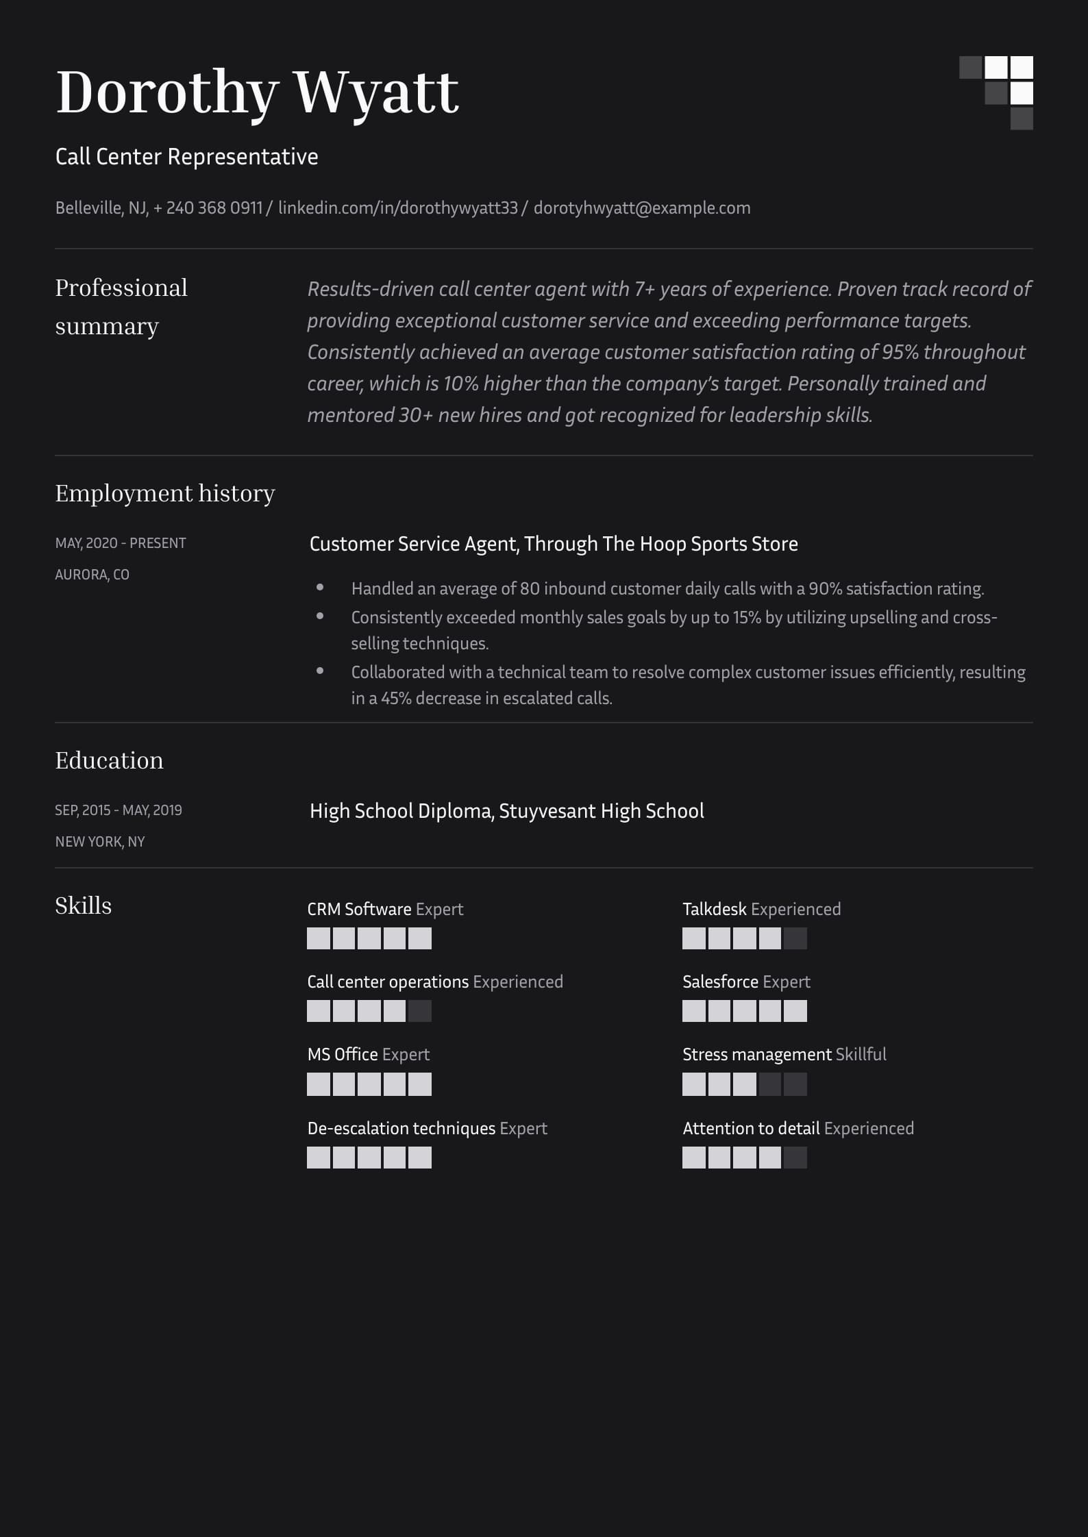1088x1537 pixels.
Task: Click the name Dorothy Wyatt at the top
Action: pos(257,92)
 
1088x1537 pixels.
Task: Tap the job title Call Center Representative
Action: pos(186,157)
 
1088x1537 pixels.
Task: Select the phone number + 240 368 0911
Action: pos(208,208)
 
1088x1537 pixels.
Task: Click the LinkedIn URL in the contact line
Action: pos(398,208)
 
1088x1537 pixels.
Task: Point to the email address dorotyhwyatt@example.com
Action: pos(642,208)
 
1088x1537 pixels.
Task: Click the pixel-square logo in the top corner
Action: pos(996,92)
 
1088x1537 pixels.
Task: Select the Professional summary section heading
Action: pos(121,306)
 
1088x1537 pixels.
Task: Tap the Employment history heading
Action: pos(165,493)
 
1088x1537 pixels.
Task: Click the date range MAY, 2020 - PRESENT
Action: pos(121,543)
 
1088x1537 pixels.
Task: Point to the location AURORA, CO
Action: pos(92,575)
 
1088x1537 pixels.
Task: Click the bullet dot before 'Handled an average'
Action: pos(320,588)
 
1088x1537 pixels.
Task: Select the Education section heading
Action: pos(109,760)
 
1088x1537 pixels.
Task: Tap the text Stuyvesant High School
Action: pos(601,811)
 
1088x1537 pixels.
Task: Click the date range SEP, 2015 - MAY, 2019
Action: pos(119,810)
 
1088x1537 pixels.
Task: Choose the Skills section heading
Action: pos(83,905)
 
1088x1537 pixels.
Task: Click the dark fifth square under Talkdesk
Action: pos(795,938)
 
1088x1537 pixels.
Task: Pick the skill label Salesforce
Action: pos(720,982)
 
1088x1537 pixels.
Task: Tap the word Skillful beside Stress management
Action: pos(861,1054)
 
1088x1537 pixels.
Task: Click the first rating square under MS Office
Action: pos(319,1084)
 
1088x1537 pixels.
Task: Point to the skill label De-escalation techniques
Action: pos(401,1128)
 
